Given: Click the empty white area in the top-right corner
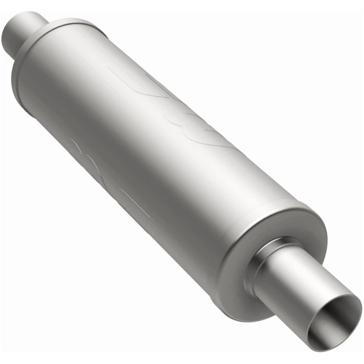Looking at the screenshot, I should (328, 36).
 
